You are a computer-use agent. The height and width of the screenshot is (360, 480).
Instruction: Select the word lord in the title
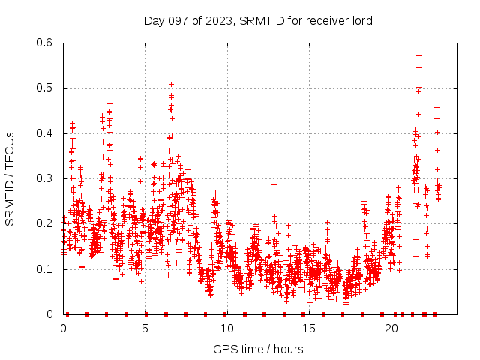(361, 20)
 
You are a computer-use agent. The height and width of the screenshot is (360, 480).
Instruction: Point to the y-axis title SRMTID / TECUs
(10, 178)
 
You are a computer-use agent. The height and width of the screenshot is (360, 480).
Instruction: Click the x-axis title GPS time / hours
(258, 349)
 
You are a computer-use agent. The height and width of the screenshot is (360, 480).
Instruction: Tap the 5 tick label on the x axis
(145, 328)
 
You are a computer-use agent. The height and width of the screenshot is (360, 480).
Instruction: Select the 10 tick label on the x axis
(226, 328)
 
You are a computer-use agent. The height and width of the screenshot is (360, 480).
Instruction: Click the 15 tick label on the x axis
(308, 328)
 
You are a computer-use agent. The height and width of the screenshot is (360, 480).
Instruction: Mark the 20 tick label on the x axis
(390, 328)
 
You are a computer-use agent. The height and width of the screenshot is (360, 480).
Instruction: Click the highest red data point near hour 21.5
(418, 55)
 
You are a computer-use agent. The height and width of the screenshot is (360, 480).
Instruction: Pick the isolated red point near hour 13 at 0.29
(274, 184)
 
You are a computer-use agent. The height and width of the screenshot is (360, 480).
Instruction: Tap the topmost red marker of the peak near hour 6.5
(171, 84)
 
